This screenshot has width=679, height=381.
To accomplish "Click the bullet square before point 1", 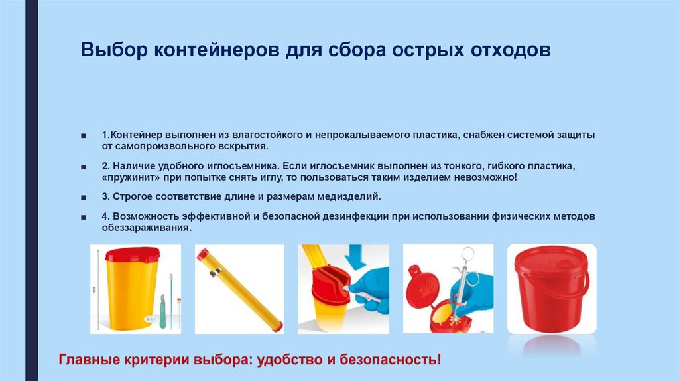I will tap(83, 135).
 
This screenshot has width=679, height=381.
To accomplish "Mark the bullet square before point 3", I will tap(83, 198).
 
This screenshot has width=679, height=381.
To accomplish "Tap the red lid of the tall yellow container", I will tap(133, 254).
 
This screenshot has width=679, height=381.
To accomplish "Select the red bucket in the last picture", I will tap(550, 289).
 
